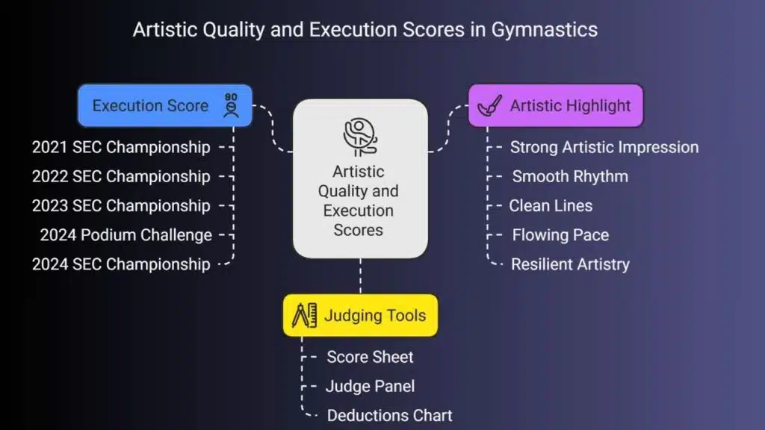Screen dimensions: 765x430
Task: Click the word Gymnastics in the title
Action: pos(544,30)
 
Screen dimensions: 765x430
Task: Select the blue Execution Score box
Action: pos(165,106)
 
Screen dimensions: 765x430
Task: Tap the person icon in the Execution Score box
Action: pos(231,105)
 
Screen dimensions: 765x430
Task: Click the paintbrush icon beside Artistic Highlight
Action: pos(489,105)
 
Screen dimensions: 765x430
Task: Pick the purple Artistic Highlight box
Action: pos(556,106)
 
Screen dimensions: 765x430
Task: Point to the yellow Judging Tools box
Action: pos(361,316)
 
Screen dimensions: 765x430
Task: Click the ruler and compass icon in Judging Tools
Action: pos(305,315)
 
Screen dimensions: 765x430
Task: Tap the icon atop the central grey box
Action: pos(360,137)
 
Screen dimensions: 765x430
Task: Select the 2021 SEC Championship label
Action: pos(121,147)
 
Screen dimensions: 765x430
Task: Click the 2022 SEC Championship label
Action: pos(121,176)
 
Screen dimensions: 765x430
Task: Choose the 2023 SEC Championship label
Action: pos(121,206)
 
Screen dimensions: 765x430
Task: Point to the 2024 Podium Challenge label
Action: pos(126,235)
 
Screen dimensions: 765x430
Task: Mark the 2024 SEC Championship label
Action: pos(121,264)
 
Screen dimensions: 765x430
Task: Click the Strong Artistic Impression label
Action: pos(604,147)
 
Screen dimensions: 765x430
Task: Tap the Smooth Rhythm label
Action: pos(570,176)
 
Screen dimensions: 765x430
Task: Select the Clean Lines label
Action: pos(551,206)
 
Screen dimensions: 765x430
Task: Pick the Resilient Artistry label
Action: pos(570,264)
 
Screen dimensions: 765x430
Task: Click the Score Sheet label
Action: pos(371,357)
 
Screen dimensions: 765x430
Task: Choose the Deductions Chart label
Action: pos(390,415)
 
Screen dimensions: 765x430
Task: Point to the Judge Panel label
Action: pos(371,386)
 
